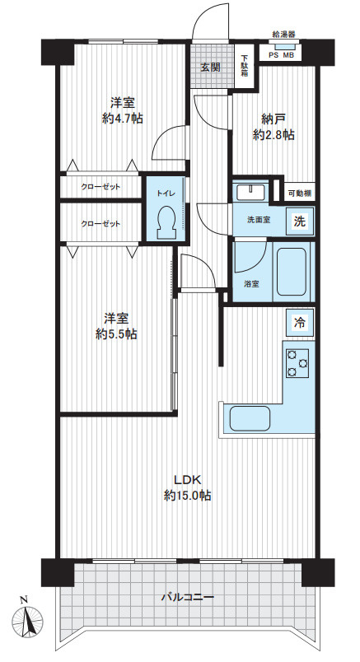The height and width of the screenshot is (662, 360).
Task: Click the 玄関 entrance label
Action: point(210,68)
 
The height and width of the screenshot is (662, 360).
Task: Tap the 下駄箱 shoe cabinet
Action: point(245,66)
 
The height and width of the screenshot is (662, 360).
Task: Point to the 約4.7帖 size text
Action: point(122,119)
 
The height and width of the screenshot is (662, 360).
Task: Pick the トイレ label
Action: point(165,193)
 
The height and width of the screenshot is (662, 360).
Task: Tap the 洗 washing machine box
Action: point(300,221)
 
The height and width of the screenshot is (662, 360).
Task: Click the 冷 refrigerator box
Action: point(300,323)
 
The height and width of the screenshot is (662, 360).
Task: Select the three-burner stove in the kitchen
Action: point(298,362)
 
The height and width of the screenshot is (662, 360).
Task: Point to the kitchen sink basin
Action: point(250,418)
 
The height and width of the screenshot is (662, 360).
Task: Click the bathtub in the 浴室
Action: point(291,272)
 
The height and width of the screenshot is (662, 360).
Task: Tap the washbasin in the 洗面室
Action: point(250,193)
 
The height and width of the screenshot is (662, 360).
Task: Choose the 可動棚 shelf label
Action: point(300,193)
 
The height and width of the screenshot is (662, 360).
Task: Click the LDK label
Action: point(187,480)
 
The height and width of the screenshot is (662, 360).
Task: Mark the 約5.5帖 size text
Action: point(116,334)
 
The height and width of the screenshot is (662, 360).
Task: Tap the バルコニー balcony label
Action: point(188,598)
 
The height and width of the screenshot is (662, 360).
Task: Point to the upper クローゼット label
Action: point(101,187)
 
